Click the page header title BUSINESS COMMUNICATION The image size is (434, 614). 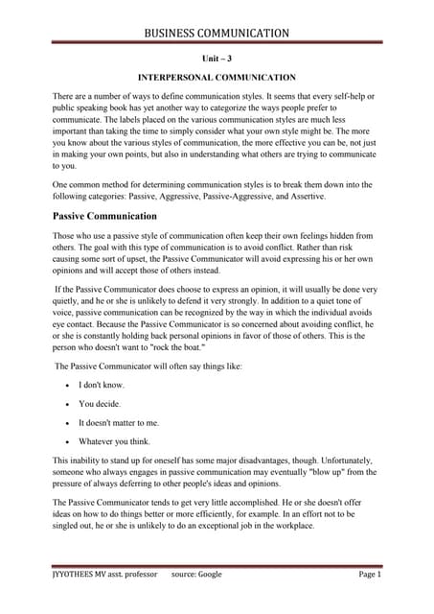pyautogui.click(x=217, y=34)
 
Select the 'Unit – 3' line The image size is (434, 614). pyautogui.click(x=217, y=58)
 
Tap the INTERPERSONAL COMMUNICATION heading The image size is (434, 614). pyautogui.click(x=217, y=77)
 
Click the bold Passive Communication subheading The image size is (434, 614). pyautogui.click(x=104, y=216)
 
